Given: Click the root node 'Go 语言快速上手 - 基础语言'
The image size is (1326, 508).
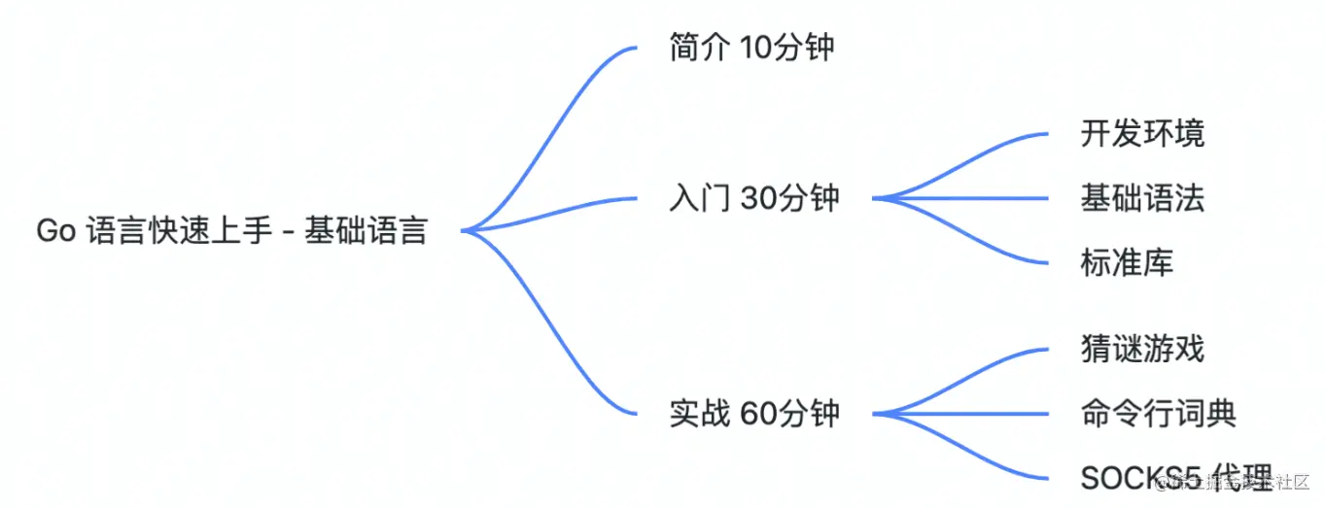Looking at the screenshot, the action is click(x=231, y=231).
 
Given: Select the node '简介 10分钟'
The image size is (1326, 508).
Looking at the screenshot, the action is click(x=751, y=47).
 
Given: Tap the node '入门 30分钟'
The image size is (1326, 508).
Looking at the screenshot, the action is click(x=753, y=198).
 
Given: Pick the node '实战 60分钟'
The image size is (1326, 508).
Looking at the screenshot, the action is click(x=753, y=414).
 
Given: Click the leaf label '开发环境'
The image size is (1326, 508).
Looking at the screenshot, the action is click(x=1142, y=133).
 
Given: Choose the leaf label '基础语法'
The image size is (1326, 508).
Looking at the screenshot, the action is click(x=1142, y=198).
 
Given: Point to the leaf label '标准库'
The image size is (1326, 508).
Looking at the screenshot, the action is click(x=1127, y=262).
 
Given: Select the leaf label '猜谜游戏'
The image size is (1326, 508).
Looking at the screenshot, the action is click(x=1142, y=349).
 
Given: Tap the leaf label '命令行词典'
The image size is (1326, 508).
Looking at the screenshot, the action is click(x=1158, y=414).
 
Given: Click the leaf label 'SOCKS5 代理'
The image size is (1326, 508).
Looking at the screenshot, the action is click(x=1176, y=478).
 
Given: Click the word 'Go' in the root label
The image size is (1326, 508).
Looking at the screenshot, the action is click(x=55, y=231).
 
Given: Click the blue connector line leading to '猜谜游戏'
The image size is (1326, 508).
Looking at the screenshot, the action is click(x=972, y=367).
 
